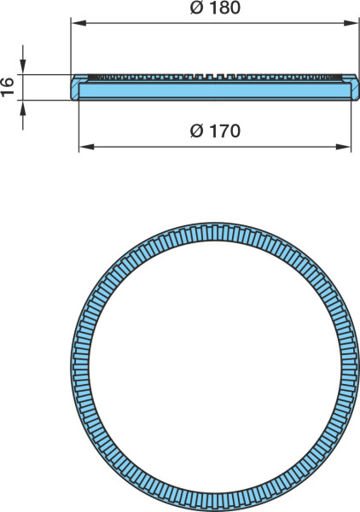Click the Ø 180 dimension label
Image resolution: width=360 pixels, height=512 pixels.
215,8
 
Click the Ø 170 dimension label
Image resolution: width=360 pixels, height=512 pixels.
215,131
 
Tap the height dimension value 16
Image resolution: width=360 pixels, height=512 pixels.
7,87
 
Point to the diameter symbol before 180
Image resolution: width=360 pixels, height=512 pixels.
196,8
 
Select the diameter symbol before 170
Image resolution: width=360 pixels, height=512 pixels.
196,131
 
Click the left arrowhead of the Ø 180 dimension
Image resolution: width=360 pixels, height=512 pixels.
78,23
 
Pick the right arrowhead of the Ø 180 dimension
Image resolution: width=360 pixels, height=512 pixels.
351,23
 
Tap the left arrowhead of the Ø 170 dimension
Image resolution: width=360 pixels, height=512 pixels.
86,147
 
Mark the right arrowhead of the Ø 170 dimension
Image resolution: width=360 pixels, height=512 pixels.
343,147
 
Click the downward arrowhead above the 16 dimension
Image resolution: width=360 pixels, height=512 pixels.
22,67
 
